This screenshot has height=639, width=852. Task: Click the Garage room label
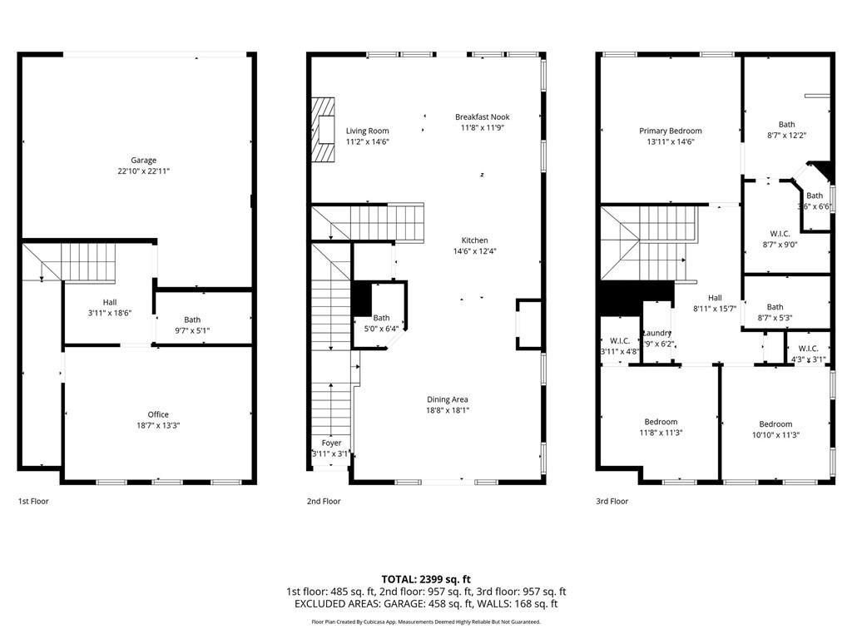tap(143, 161)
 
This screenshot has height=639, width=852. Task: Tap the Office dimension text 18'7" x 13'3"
tap(158, 425)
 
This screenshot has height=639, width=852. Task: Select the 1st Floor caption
tap(34, 502)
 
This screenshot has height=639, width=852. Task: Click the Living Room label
tap(367, 131)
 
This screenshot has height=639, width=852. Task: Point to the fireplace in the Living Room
tap(323, 130)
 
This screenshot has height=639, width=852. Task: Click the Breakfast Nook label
tap(482, 117)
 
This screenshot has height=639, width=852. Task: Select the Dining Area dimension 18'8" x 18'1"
tap(448, 410)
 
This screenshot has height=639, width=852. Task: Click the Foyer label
tap(331, 443)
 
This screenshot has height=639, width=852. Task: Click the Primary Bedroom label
tap(670, 131)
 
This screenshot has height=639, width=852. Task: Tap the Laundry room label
tap(656, 333)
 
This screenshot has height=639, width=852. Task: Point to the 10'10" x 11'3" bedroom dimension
tap(775, 434)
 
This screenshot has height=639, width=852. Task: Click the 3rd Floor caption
tap(612, 502)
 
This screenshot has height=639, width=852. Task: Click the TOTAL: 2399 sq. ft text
tap(426, 579)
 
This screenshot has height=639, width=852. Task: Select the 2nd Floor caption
tap(324, 502)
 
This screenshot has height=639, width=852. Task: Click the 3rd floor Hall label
tap(715, 298)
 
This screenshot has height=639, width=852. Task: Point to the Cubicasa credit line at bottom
tap(426, 622)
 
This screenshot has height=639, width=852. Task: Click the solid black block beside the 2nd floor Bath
tap(362, 299)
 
